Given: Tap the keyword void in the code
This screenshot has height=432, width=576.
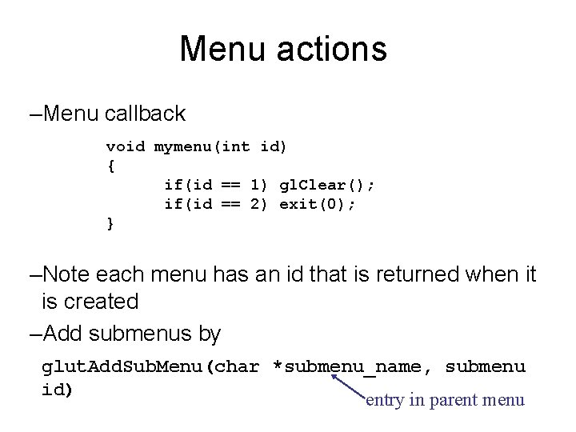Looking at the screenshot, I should click(x=126, y=147).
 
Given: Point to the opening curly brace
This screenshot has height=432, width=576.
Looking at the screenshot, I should click(x=110, y=166).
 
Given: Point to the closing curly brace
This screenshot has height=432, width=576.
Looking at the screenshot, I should click(x=110, y=223).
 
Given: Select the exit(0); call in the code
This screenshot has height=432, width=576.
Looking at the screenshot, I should click(x=318, y=204).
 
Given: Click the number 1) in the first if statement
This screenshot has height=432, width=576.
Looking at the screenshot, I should click(x=259, y=185).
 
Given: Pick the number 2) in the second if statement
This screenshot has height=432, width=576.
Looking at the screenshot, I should click(x=259, y=204).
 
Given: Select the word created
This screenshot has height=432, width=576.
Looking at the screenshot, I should click(x=103, y=302).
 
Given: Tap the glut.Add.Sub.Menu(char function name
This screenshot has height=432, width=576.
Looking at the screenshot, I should click(x=150, y=367).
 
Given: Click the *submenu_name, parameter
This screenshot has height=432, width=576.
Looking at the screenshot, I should click(x=354, y=367).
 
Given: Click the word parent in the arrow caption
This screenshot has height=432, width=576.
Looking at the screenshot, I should click(x=459, y=399).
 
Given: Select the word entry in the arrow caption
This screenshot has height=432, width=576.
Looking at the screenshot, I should click(x=384, y=399).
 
